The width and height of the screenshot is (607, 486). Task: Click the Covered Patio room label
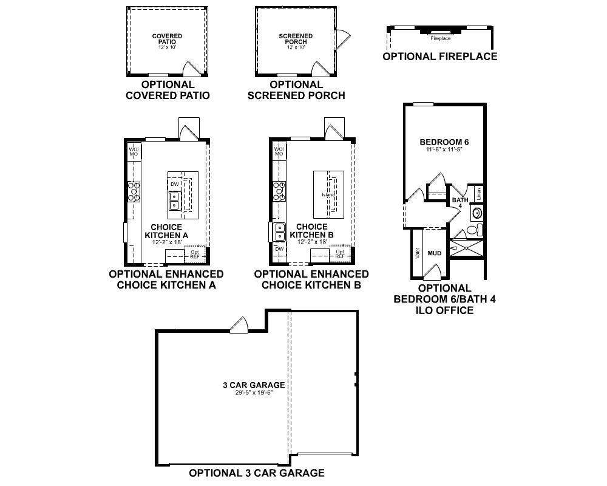pyautogui.click(x=167, y=39)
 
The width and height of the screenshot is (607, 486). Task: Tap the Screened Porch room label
pyautogui.click(x=296, y=39)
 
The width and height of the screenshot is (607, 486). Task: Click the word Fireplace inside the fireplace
pyautogui.click(x=441, y=38)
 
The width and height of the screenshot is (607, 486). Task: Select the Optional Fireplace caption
pyautogui.click(x=440, y=56)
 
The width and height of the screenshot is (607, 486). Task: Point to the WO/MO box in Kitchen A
pyautogui.click(x=134, y=151)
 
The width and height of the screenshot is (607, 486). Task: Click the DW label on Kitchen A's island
pyautogui.click(x=174, y=184)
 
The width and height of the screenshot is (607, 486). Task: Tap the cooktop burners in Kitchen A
pyautogui.click(x=134, y=191)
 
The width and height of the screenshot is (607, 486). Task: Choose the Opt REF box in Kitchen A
pyautogui.click(x=195, y=255)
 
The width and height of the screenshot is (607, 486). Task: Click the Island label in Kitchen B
pyautogui.click(x=328, y=194)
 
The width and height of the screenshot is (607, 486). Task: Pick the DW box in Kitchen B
pyautogui.click(x=279, y=249)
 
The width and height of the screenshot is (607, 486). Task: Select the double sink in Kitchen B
pyautogui.click(x=279, y=232)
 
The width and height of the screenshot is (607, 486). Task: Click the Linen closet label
pyautogui.click(x=479, y=193)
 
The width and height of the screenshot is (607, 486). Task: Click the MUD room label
pyautogui.click(x=435, y=253)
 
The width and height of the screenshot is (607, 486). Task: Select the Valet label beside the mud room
pyautogui.click(x=418, y=253)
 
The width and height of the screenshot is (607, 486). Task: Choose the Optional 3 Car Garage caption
pyautogui.click(x=257, y=473)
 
